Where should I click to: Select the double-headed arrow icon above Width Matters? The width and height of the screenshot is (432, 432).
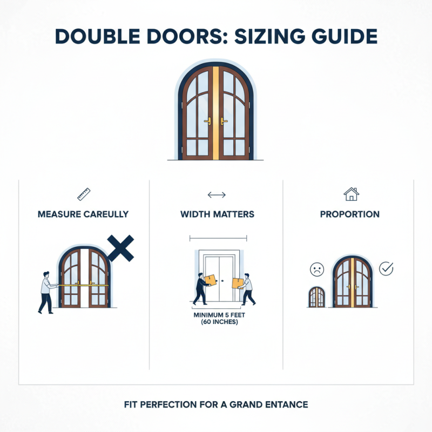pos(217,195)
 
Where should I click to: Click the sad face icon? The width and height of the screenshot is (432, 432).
pos(316,269)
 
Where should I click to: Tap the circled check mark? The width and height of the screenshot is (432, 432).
pos(386,268)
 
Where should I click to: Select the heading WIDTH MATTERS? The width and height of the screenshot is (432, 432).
pos(217,214)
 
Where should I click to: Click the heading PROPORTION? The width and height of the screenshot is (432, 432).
pos(350,214)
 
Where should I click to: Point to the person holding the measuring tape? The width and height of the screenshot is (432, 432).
pos(46,292)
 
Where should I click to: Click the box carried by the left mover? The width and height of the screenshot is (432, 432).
pos(210,280)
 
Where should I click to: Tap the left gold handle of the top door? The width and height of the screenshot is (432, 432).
pos(207,122)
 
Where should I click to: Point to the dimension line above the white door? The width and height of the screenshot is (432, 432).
pos(218,238)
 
